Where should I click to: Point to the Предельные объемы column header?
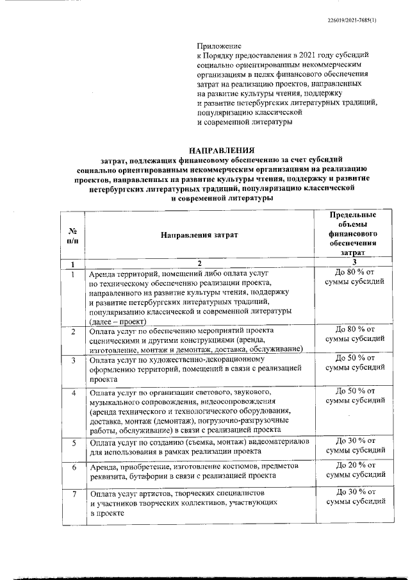pyautogui.click(x=352, y=235)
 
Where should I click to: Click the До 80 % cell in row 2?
pyautogui.click(x=352, y=333)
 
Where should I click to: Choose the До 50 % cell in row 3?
pyautogui.click(x=352, y=362)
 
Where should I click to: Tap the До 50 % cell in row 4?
pyautogui.click(x=352, y=395)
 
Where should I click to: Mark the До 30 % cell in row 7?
pyautogui.click(x=352, y=497)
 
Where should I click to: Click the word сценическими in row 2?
pyautogui.click(x=116, y=340)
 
